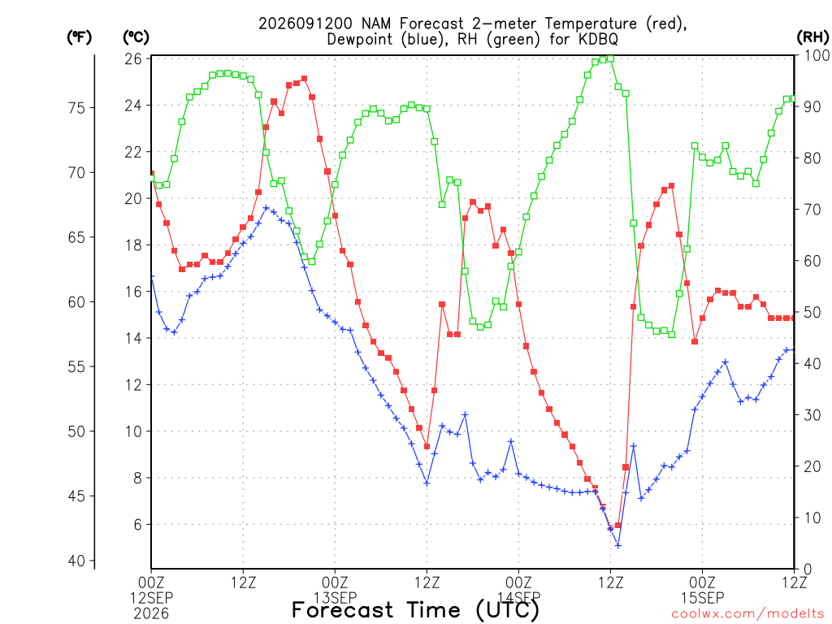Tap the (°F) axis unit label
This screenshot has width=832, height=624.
79,37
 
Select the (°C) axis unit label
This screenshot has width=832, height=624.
136,37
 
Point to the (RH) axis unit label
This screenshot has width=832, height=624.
812,37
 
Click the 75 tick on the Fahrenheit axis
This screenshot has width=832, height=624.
77,108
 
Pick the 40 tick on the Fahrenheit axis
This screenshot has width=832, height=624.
77,561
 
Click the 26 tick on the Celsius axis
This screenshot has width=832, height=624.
134,58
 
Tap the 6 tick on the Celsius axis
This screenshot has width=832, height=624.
138,525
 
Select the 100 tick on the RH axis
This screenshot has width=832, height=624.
817,55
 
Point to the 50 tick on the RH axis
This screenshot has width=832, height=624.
812,313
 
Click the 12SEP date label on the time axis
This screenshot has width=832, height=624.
152,598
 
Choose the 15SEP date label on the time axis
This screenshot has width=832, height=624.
703,598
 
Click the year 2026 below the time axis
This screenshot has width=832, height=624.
151,614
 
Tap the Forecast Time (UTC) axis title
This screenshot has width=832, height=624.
415,610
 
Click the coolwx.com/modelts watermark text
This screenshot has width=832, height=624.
748,614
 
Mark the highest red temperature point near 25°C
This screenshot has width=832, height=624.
304,79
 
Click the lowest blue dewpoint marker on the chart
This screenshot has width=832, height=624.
617,545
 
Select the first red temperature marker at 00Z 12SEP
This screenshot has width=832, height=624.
152,174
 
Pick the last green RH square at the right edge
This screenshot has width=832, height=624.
794,98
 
